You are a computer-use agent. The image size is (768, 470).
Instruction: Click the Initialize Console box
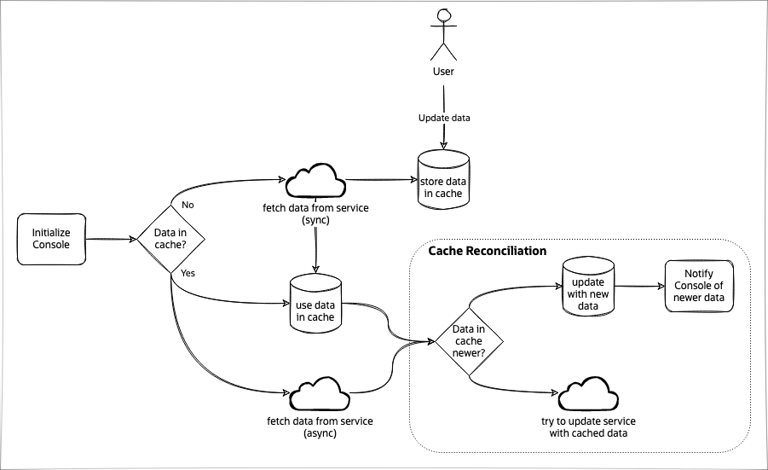coord(51,238)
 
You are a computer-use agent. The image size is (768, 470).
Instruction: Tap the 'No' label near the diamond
coord(188,205)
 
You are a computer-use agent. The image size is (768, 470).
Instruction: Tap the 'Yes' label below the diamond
coord(188,274)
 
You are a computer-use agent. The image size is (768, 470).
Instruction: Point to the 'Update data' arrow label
coord(443,118)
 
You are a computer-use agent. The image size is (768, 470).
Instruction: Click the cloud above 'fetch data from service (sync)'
coord(315,181)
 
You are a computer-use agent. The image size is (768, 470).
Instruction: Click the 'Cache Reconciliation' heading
coord(487,252)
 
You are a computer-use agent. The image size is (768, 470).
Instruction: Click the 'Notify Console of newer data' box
coord(698,286)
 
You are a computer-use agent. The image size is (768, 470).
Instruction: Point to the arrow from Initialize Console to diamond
coord(112,240)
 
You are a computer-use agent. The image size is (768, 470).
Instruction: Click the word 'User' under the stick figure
coord(443,72)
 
